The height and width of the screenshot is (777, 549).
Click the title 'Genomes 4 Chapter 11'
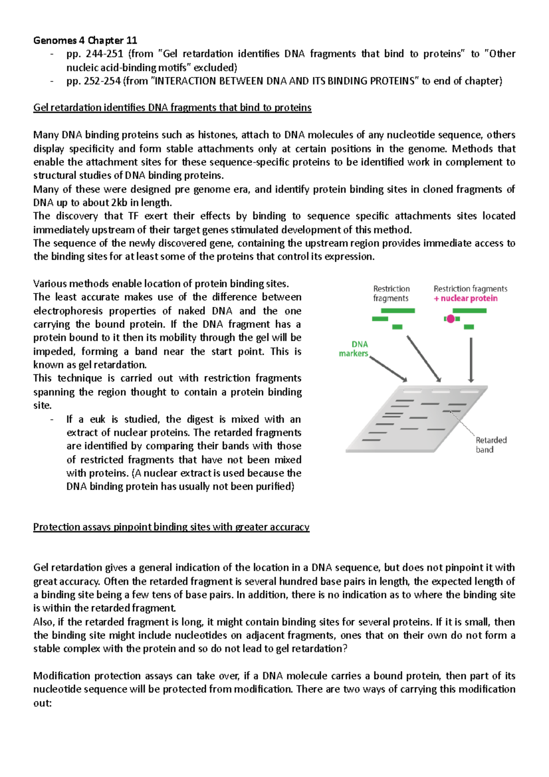pos(85,40)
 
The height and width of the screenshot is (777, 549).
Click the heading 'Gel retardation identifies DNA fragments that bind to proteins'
pos(172,108)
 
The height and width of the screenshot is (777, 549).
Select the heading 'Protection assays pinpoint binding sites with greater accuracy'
pos(171,527)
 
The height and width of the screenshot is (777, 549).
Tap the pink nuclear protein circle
pos(451,318)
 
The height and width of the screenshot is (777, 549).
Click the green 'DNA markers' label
pos(354,349)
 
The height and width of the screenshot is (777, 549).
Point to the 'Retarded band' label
pos(490,445)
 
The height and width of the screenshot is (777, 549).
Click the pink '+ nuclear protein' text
pos(466,298)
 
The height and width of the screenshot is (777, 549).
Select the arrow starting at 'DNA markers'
pos(388,369)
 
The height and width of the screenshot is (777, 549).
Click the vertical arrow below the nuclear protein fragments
pos(471,360)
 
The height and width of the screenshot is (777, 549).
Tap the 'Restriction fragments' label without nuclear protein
pos(391,293)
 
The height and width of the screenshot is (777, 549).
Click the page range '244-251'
pos(104,54)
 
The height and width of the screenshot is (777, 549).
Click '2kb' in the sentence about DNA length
pos(119,203)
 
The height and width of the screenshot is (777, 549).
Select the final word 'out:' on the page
pos(43,703)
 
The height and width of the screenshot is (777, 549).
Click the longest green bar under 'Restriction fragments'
pos(398,311)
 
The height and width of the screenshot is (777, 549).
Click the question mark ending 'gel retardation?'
pos(345,649)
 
